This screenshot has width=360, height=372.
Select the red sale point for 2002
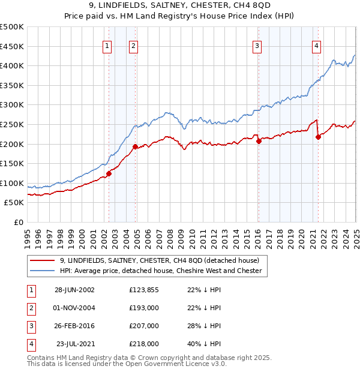point(109,174)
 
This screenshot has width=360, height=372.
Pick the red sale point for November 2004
point(135,146)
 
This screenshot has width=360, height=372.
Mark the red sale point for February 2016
point(259,142)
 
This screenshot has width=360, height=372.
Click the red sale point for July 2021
point(319,137)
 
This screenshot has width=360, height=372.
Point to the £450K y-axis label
point(12,46)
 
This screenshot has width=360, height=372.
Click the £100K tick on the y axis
point(12,183)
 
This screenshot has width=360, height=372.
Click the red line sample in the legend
point(42,260)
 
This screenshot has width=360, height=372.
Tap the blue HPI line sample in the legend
point(42,271)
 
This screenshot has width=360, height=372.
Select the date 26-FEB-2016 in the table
point(74,326)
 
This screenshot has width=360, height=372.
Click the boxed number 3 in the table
point(29,326)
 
